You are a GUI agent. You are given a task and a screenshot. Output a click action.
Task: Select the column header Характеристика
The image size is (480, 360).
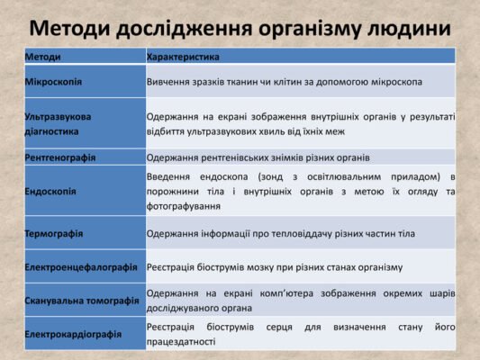coord(183,57)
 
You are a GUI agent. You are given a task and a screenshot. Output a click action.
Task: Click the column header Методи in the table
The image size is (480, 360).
coord(44,57)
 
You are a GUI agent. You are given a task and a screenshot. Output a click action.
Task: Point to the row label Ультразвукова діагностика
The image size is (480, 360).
coord(59,123)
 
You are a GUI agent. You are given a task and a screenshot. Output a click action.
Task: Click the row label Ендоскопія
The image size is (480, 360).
coord(51,192)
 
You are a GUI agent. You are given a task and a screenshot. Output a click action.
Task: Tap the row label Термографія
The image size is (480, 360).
coord(54,234)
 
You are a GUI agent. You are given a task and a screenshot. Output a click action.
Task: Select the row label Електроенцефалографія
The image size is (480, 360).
coord(82,267)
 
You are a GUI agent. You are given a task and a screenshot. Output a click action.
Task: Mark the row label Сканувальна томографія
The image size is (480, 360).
coord(82,301)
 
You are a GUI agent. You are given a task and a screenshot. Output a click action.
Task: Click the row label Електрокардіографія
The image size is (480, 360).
coord(74,334)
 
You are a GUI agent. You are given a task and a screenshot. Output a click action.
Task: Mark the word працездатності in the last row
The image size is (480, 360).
coord(181,342)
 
